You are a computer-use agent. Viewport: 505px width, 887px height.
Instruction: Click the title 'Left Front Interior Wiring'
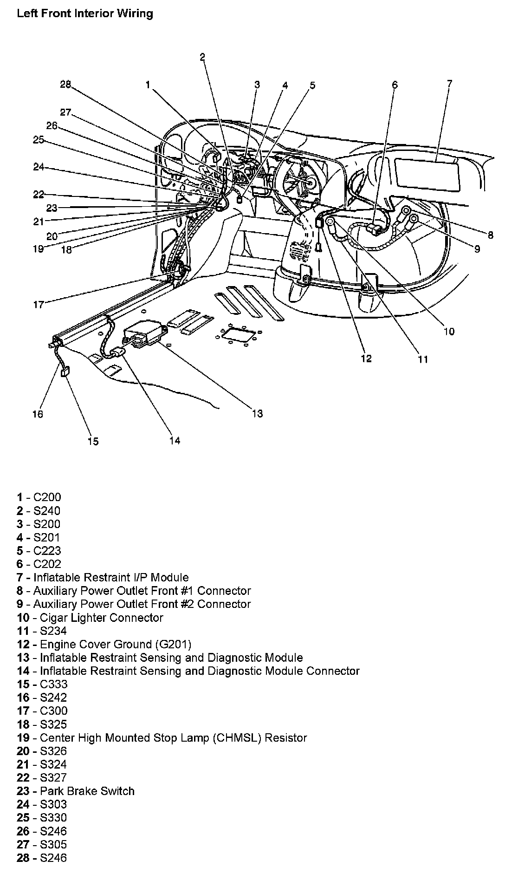click(84, 13)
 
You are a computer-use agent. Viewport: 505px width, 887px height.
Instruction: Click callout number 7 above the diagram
click(449, 84)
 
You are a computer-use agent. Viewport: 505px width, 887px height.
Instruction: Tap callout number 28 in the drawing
click(65, 84)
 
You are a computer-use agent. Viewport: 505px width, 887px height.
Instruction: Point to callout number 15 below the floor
click(93, 441)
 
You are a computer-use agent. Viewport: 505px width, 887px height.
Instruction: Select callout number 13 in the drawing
click(257, 413)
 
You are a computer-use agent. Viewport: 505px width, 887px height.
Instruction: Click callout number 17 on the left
click(38, 305)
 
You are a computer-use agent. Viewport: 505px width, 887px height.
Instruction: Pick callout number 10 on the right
click(449, 332)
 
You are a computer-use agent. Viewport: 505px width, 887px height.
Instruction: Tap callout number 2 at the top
click(202, 57)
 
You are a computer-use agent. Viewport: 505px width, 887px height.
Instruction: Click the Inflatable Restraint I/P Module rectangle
click(426, 175)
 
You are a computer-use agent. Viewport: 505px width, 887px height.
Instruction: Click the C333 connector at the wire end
click(65, 372)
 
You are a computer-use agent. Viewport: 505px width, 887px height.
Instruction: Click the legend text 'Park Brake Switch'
click(75, 791)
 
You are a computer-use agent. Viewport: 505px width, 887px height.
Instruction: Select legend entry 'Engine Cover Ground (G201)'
click(104, 644)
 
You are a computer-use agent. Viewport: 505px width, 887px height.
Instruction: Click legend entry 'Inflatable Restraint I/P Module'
click(103, 577)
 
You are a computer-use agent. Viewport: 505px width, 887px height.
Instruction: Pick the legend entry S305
click(41, 844)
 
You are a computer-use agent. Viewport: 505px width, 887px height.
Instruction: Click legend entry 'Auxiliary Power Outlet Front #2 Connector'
click(134, 604)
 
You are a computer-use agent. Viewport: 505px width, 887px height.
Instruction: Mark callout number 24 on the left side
click(39, 167)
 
